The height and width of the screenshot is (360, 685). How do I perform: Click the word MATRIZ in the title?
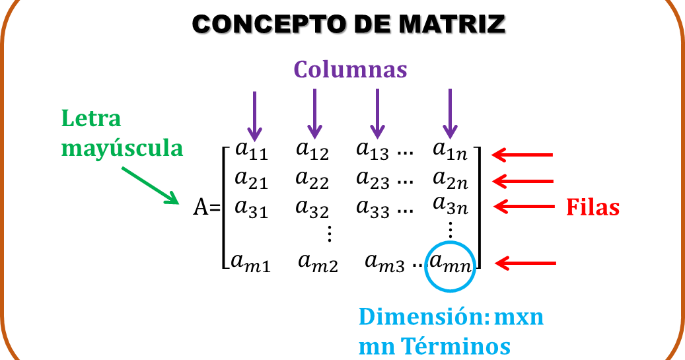click(453, 26)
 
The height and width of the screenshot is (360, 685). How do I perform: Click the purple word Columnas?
click(350, 69)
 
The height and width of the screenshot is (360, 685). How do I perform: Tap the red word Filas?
click(593, 207)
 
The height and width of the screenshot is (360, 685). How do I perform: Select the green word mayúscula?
click(122, 148)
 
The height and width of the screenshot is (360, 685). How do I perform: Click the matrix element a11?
click(251, 151)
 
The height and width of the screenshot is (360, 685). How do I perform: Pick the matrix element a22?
click(312, 178)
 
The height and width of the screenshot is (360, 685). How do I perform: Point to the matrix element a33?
click(373, 207)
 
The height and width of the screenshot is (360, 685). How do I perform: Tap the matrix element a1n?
click(451, 151)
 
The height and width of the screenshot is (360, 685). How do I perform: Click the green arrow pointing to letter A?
click(150, 185)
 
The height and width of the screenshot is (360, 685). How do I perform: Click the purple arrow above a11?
click(254, 115)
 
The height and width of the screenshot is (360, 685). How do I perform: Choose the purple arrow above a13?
click(377, 113)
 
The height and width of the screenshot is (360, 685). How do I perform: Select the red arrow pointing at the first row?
click(522, 155)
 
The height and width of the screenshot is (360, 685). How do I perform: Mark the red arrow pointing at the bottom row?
click(525, 264)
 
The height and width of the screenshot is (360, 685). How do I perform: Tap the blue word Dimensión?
click(423, 317)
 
